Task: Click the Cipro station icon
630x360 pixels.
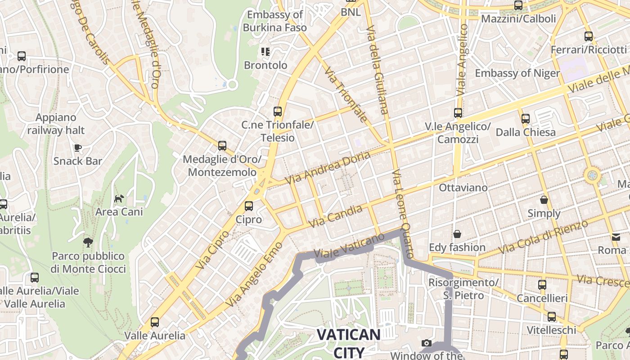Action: pos(248,206)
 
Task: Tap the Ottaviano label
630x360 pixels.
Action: pos(463,187)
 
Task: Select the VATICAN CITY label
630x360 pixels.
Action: pos(348,342)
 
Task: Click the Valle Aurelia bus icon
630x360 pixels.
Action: pos(155,322)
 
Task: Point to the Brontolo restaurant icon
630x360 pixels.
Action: pos(265,52)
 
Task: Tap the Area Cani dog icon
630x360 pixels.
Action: pos(119,198)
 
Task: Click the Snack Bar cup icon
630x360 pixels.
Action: pos(78,148)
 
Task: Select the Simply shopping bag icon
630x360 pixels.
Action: pos(544,200)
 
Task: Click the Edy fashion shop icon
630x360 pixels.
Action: pos(457,234)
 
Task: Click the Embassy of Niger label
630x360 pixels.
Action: pos(517,73)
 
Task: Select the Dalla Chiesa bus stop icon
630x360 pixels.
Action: pos(525,119)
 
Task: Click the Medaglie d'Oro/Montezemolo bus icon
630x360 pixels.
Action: pos(222,146)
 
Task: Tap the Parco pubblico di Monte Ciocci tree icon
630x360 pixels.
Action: pos(88,243)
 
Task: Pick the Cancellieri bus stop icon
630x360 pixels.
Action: pos(542,284)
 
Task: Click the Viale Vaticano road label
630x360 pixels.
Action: pos(349,246)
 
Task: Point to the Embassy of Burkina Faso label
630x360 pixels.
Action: pos(274,21)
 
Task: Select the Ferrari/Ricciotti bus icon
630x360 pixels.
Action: pos(588,36)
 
